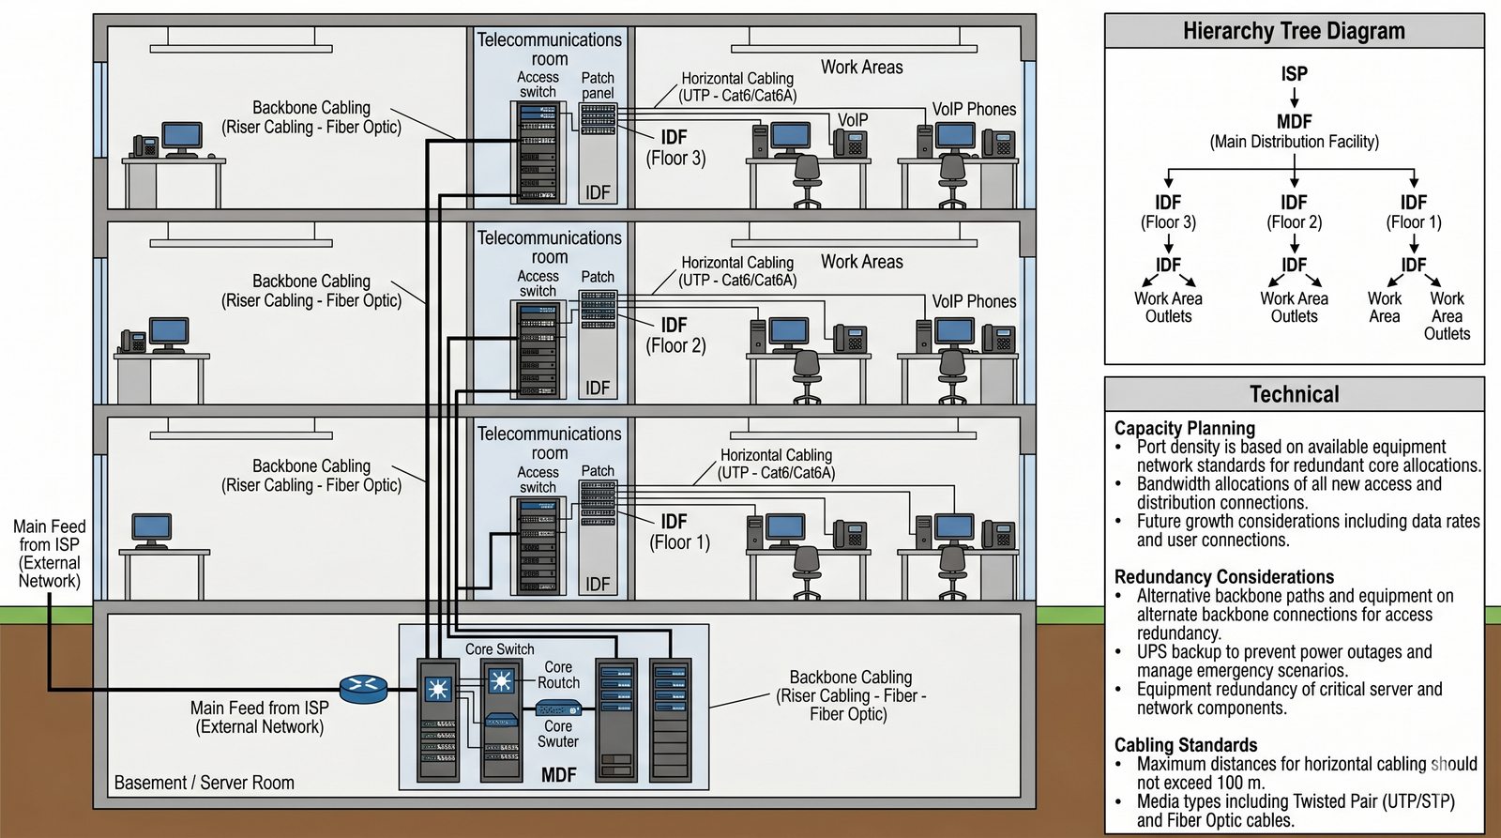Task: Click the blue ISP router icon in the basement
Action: [x=363, y=690]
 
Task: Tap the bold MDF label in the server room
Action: [x=559, y=775]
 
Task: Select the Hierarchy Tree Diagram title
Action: [x=1294, y=31]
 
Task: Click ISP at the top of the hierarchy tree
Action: [x=1294, y=73]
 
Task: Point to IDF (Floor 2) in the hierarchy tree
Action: [x=1294, y=212]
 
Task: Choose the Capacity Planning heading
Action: [x=1184, y=428]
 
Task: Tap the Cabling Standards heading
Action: [x=1185, y=745]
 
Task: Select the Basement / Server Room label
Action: [x=205, y=783]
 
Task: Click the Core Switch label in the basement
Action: [x=499, y=649]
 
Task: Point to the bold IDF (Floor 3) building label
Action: [x=675, y=147]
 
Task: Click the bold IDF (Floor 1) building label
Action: [x=678, y=531]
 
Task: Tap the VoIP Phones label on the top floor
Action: [x=974, y=109]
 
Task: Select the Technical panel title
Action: [x=1294, y=394]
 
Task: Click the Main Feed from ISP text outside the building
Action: [x=50, y=554]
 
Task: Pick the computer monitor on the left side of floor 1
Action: [x=152, y=529]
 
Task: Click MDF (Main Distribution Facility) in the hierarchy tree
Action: [x=1294, y=131]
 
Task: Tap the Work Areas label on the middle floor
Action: [x=861, y=262]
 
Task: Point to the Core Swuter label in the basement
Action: [x=558, y=734]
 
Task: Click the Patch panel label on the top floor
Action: [x=598, y=85]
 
